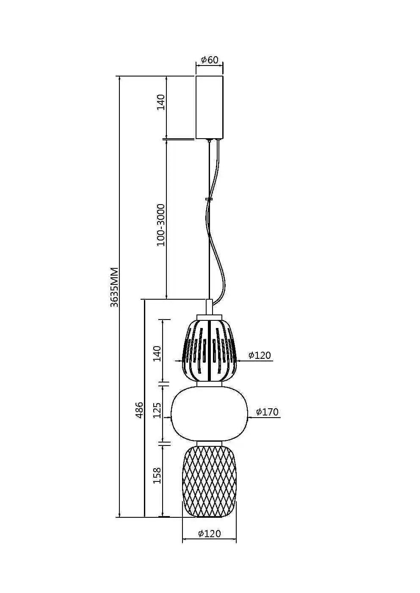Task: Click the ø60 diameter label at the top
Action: [210, 60]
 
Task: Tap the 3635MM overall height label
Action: [114, 287]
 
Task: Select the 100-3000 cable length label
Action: [161, 225]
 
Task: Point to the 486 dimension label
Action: [139, 410]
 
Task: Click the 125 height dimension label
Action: [158, 410]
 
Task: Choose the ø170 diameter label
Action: [267, 412]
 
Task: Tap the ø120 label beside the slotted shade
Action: [260, 355]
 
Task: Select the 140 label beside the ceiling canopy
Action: [161, 102]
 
